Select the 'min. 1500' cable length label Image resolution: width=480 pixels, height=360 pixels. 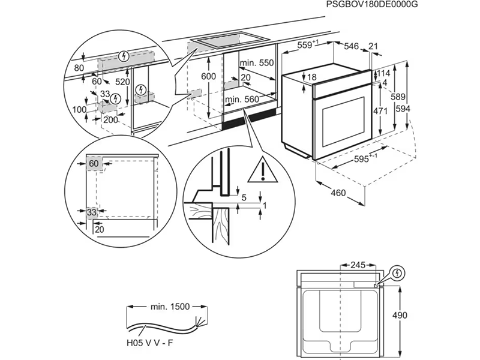[170, 307]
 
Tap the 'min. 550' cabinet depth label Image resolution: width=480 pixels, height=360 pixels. [256, 63]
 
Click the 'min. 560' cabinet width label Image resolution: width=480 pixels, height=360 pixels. [241, 99]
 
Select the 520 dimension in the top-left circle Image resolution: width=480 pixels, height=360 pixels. [122, 82]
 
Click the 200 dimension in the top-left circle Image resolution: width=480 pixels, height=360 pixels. [110, 119]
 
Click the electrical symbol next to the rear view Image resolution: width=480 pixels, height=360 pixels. [397, 274]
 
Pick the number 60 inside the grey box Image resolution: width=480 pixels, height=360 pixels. [94, 163]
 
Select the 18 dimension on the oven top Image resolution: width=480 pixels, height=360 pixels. [312, 77]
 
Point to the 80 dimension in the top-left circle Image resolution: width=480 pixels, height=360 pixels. [79, 68]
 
